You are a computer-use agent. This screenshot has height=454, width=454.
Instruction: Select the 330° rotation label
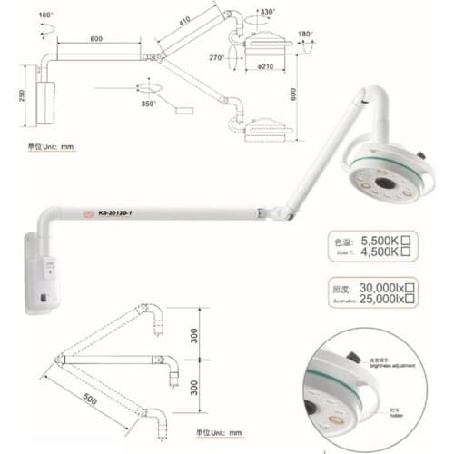click(x=266, y=13)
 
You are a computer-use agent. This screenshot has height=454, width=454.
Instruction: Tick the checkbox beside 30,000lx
click(x=410, y=286)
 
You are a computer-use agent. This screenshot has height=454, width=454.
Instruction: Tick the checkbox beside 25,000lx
click(x=410, y=299)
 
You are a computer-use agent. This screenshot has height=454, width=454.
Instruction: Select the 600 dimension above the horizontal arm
click(x=96, y=39)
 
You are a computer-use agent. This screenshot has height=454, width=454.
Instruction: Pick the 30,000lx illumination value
click(x=381, y=286)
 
